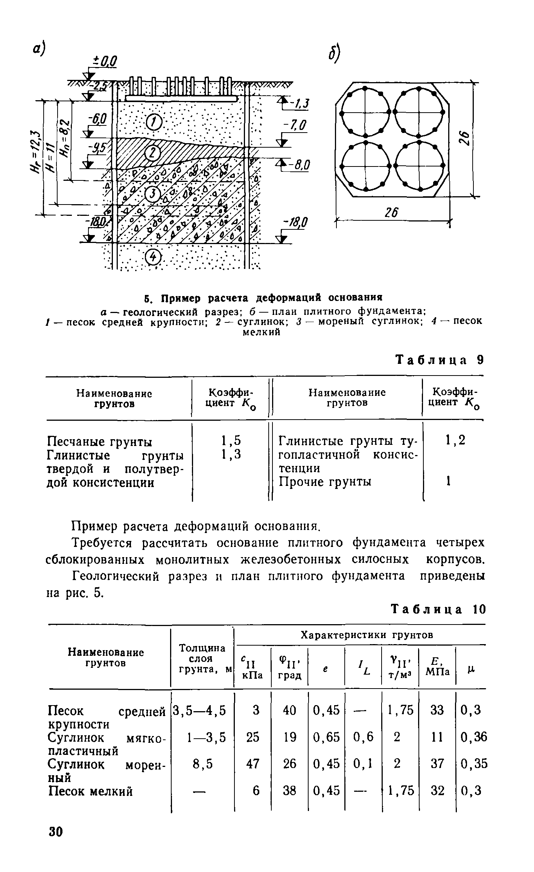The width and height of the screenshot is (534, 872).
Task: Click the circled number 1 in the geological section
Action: pyautogui.click(x=154, y=122)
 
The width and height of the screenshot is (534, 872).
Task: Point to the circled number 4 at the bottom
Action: pyautogui.click(x=153, y=258)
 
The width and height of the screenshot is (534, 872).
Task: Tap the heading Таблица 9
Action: pyautogui.click(x=440, y=360)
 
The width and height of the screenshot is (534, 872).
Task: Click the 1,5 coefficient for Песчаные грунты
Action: pyautogui.click(x=231, y=440)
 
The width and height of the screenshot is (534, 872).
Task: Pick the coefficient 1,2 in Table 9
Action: pyautogui.click(x=455, y=440)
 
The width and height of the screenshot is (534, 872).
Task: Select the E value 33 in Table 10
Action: pyautogui.click(x=437, y=710)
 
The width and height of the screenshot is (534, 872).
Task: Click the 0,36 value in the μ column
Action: pyautogui.click(x=473, y=737)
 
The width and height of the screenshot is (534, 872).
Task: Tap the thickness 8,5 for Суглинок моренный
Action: pyautogui.click(x=204, y=764)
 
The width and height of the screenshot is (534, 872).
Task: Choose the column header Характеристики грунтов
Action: pyautogui.click(x=367, y=635)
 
